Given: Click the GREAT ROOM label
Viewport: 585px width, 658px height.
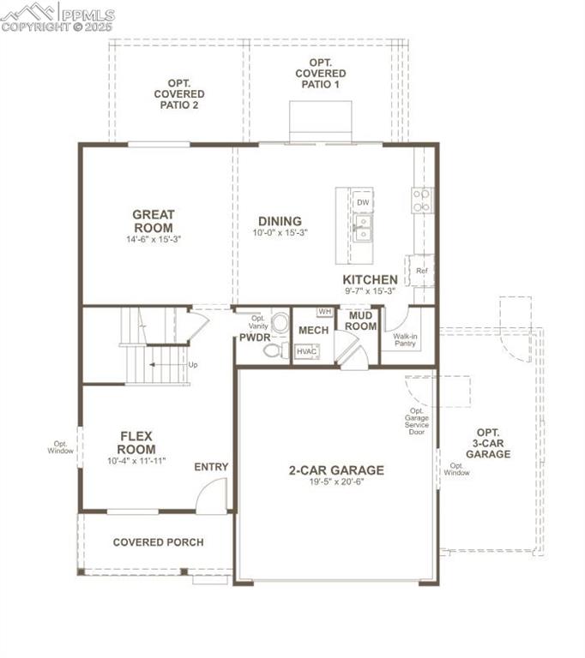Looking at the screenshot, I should pos(154,221).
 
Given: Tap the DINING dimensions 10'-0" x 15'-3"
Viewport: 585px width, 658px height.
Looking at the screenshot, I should pos(280,233).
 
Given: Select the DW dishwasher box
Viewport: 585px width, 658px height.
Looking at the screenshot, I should pos(363,202).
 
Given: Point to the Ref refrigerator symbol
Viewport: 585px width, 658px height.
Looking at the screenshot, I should pos(421,271).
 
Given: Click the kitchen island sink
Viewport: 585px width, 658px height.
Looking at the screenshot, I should pos(363,228).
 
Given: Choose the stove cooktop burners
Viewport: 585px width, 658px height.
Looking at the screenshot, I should pos(421,200).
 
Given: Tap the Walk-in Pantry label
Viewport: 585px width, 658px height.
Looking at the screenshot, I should pos(405,340).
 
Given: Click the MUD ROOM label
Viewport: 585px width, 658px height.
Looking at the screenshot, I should pos(361,321).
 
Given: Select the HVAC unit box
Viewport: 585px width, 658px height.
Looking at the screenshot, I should pos(306,351).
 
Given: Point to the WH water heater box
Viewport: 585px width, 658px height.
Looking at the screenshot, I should pos(324,312).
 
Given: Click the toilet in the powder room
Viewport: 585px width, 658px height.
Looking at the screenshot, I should pos(280,323).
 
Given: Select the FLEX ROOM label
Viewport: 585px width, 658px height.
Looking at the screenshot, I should pos(136,443).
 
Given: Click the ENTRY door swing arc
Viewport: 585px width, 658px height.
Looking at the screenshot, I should pos(211,497).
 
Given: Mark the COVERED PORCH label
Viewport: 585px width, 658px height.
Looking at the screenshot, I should pos(158,542).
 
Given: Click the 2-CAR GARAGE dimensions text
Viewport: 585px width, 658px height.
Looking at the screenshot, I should pos(335,482).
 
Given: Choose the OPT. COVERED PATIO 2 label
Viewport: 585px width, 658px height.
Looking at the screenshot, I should pos(179,94).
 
